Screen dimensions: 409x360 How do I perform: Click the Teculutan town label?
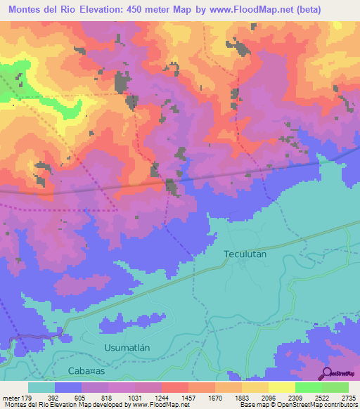[x=245, y=254]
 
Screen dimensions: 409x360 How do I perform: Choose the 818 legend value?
[x=108, y=398]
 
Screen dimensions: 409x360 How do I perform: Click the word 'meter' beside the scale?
[x=11, y=398]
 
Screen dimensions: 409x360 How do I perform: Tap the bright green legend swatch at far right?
[x=335, y=387]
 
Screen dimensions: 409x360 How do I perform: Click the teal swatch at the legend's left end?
[x=41, y=387]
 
